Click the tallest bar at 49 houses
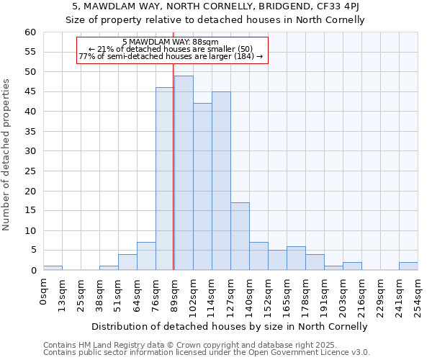tap(184, 173)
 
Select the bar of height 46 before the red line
tap(165, 179)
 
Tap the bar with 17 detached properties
tap(240, 236)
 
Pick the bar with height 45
tap(221, 181)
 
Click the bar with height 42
tap(202, 186)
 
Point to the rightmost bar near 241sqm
tap(408, 266)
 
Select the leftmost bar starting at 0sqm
tap(53, 268)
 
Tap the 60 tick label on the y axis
tap(30, 32)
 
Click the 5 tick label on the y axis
tap(32, 251)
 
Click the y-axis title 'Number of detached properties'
tap(7, 155)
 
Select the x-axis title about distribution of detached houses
tap(230, 326)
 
